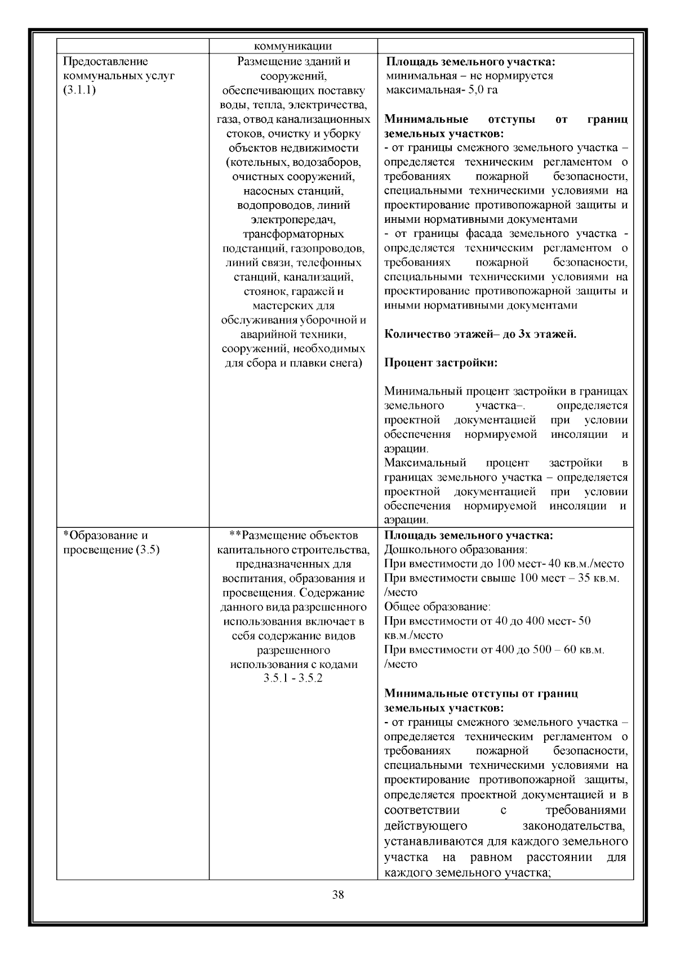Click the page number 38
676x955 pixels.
click(338, 911)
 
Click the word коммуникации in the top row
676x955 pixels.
click(293, 47)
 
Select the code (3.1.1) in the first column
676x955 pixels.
click(79, 90)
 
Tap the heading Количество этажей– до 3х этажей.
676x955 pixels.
click(480, 334)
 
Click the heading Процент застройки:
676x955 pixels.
click(441, 363)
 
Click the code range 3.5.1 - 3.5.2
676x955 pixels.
click(293, 678)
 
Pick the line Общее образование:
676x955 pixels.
click(437, 607)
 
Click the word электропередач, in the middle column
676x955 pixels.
click(293, 219)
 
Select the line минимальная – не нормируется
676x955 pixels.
click(469, 75)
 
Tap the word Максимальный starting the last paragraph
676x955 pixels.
click(425, 463)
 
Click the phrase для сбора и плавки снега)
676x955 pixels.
click(293, 363)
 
